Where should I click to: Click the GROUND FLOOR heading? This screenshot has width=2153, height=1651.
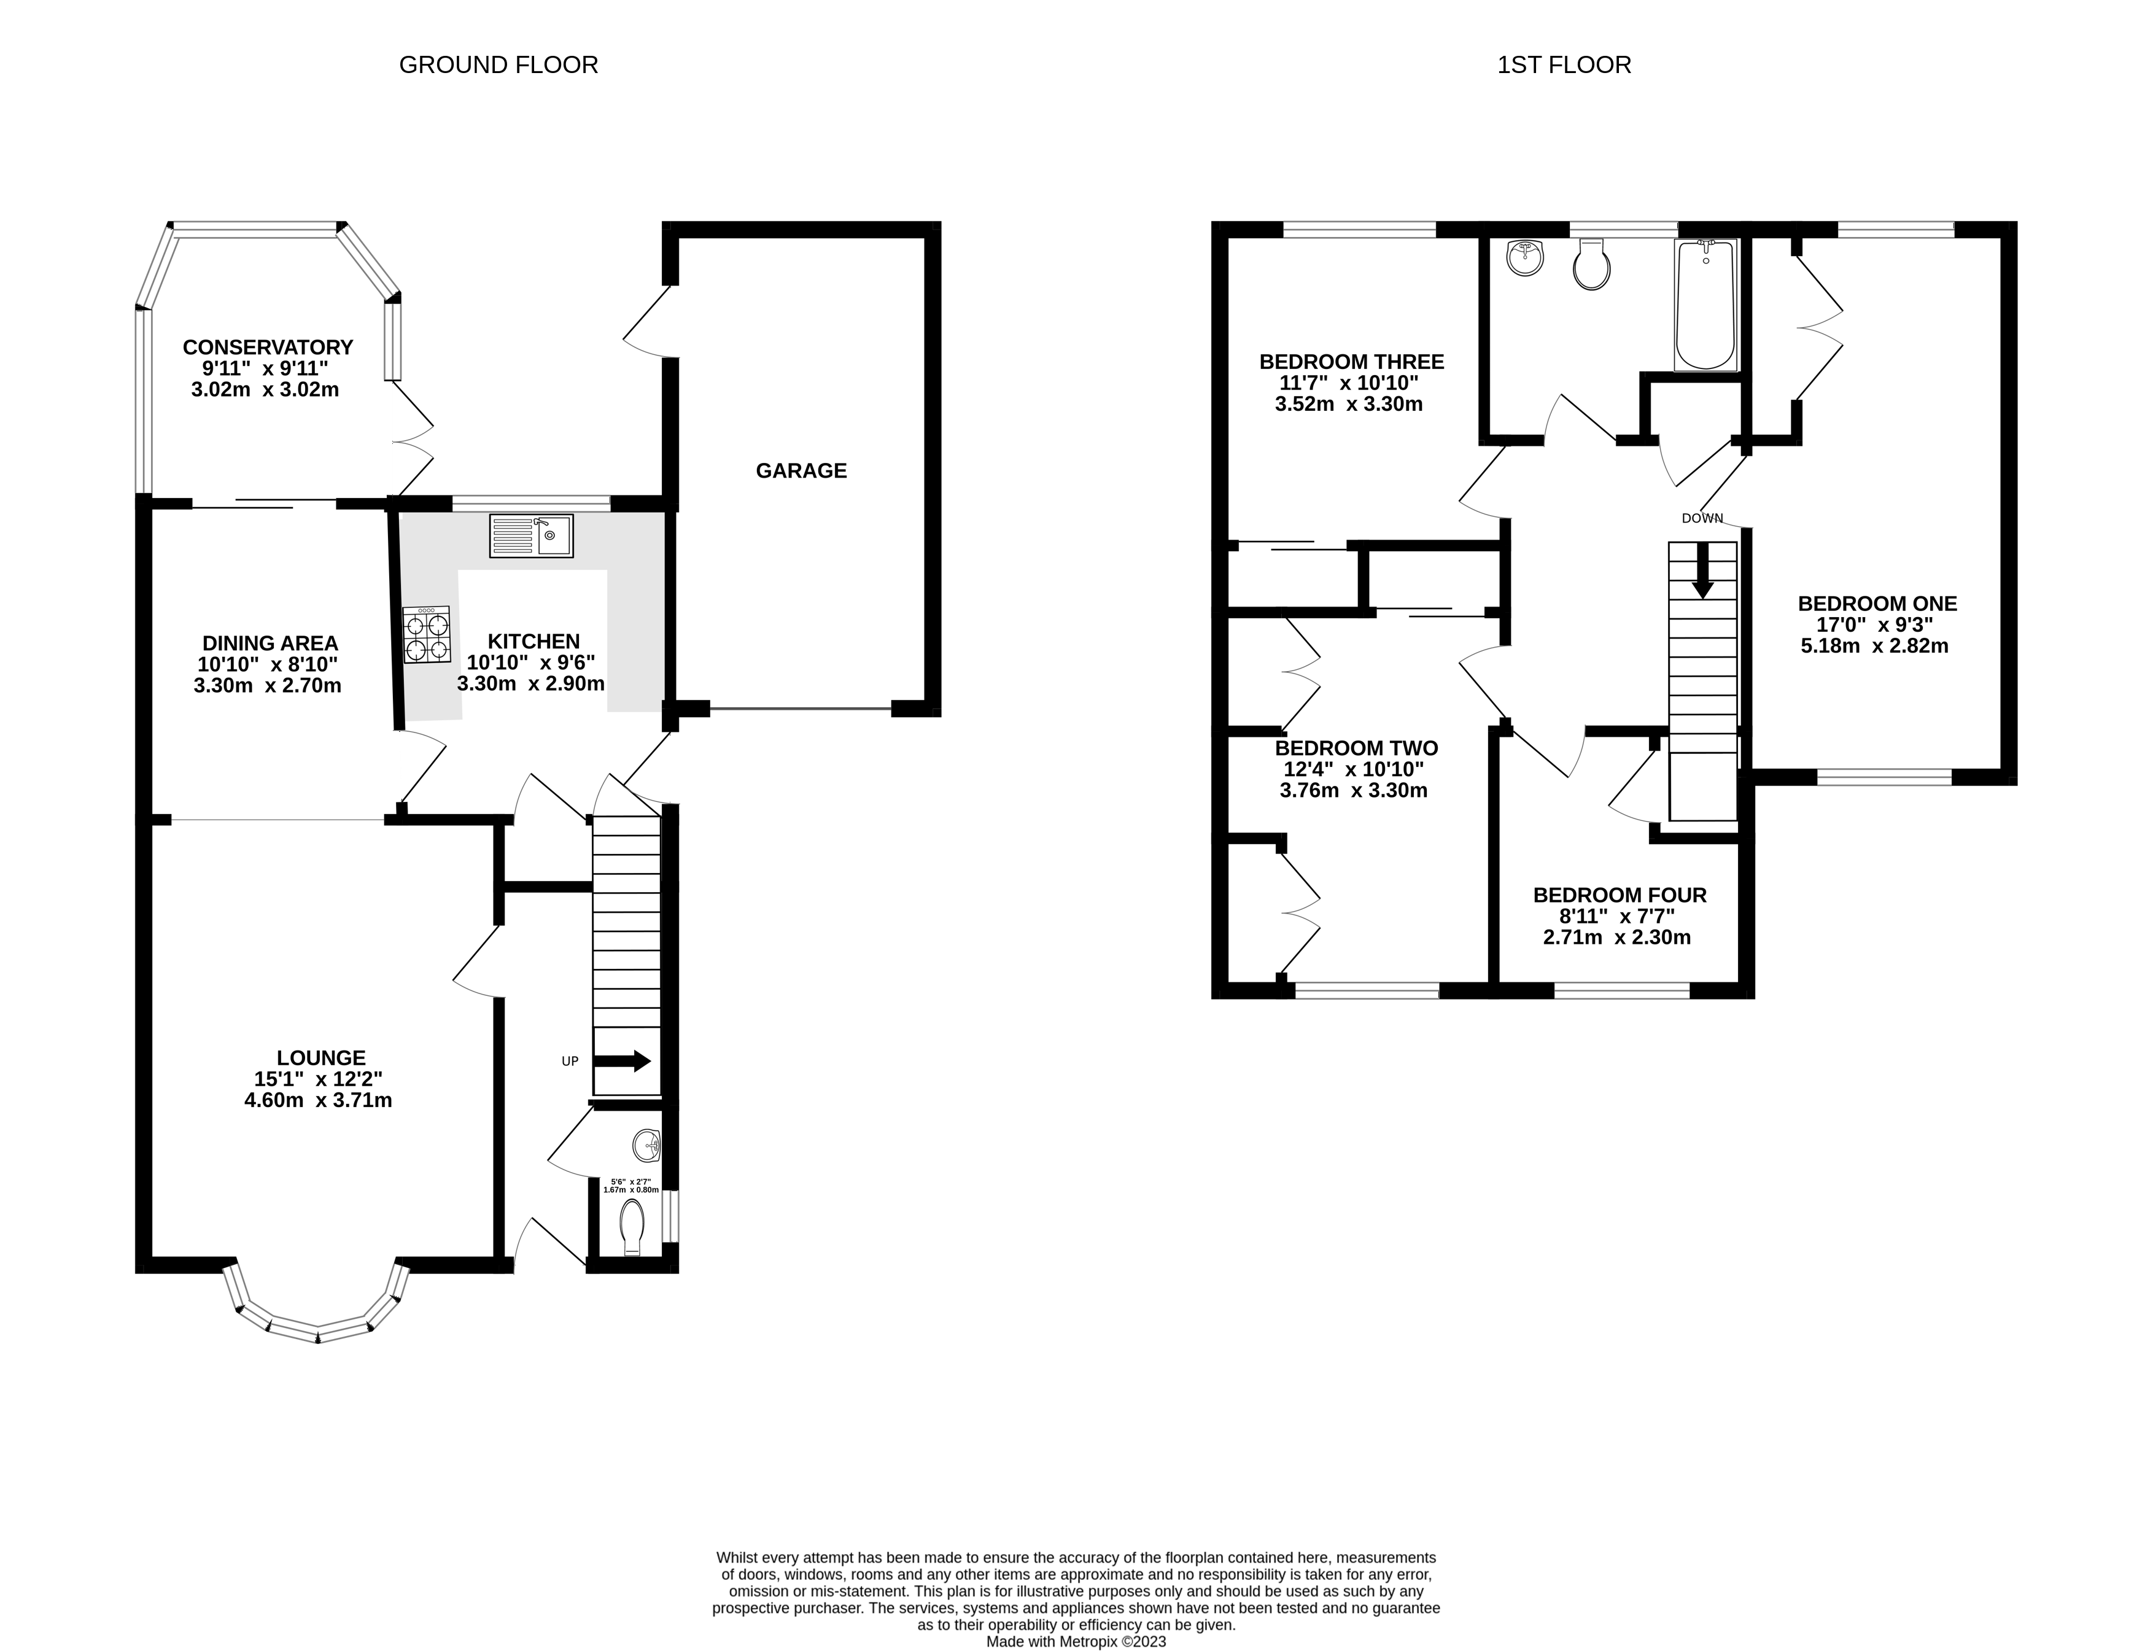498,65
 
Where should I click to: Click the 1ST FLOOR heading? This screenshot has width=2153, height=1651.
1564,65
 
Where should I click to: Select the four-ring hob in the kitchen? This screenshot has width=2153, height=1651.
427,635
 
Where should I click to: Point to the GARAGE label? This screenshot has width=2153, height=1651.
801,471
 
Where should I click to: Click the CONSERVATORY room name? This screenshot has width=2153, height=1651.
267,347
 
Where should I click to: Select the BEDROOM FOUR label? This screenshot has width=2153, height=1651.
1620,895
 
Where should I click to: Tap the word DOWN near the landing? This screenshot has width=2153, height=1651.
1702,518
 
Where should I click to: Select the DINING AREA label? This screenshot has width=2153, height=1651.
270,643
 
